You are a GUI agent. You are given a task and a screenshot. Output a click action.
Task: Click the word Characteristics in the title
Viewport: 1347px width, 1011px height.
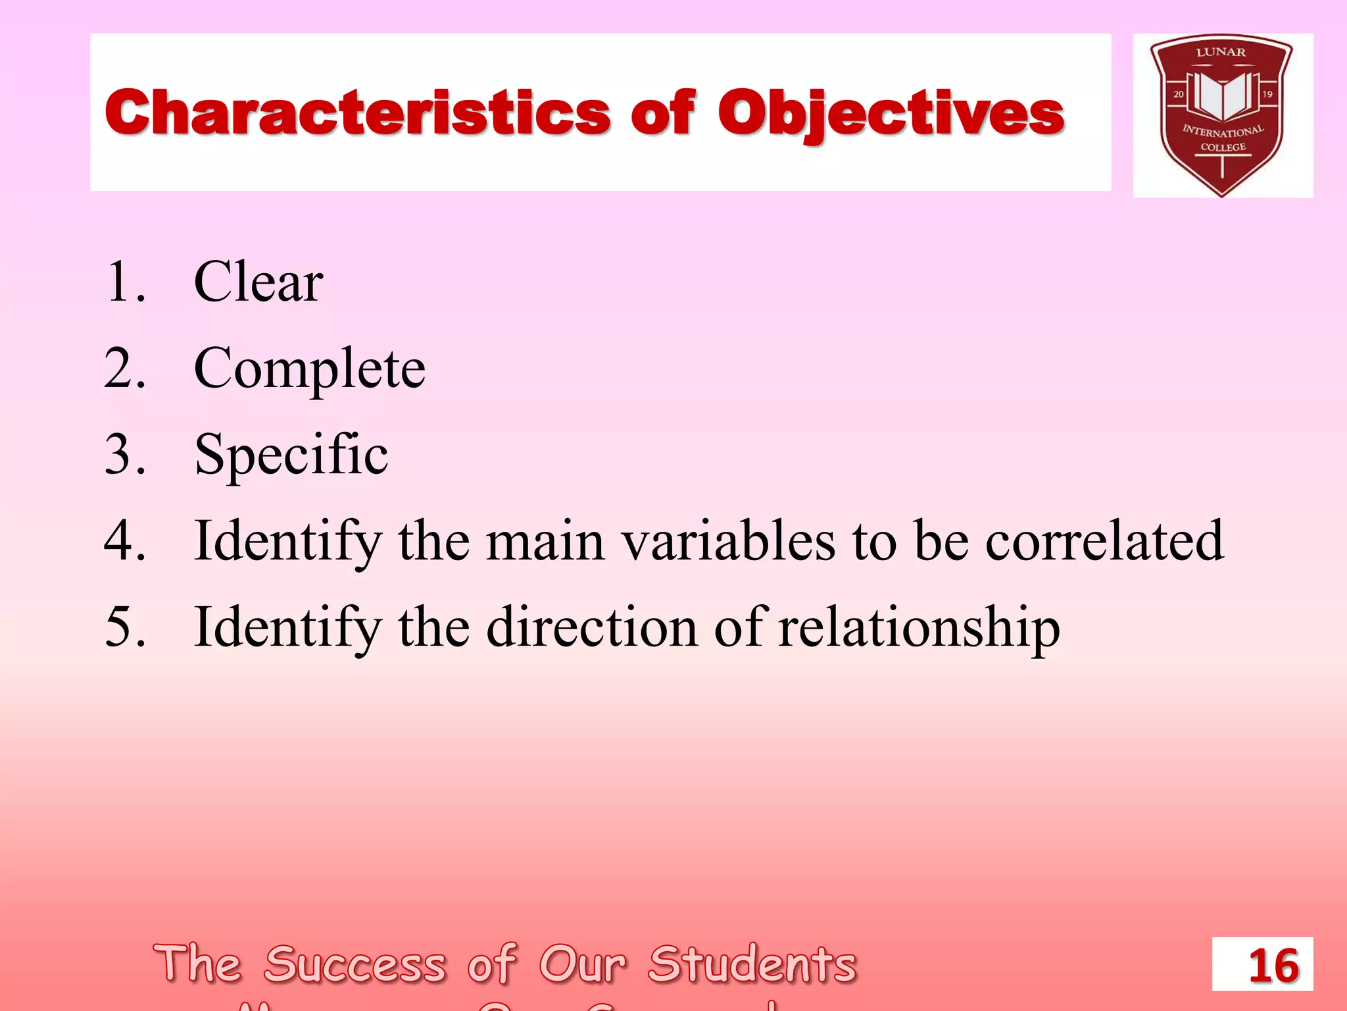[x=358, y=113]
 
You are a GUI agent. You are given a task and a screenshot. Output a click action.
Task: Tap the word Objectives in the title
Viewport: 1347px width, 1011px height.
[x=891, y=113]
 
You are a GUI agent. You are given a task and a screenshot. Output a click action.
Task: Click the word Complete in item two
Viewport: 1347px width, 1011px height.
[x=309, y=369]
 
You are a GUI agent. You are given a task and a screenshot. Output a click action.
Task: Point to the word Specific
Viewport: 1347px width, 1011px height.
[x=291, y=455]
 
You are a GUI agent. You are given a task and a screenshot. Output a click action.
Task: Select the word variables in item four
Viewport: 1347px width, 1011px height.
[x=729, y=541]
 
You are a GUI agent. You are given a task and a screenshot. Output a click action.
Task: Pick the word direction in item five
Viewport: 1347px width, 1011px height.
[x=591, y=627]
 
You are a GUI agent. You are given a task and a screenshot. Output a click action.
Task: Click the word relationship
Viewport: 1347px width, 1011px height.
[x=919, y=627]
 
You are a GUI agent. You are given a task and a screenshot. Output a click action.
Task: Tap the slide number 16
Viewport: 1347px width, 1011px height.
[x=1273, y=966]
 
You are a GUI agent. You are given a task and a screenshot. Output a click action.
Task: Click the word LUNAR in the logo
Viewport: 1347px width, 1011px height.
[x=1221, y=53]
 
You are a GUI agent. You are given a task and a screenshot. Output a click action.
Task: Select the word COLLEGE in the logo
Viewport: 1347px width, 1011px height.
[x=1223, y=147]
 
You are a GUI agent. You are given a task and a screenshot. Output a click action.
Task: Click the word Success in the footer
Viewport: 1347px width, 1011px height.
[x=355, y=964]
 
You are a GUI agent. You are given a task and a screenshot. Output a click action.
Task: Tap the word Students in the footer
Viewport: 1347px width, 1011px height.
[x=752, y=964]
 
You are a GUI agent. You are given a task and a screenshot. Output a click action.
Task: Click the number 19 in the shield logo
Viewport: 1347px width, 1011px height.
[x=1267, y=94]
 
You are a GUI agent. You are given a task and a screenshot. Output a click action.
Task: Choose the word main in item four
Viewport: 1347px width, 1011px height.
[x=545, y=541]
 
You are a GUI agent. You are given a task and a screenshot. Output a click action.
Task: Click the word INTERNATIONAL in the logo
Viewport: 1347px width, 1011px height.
[x=1223, y=130]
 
